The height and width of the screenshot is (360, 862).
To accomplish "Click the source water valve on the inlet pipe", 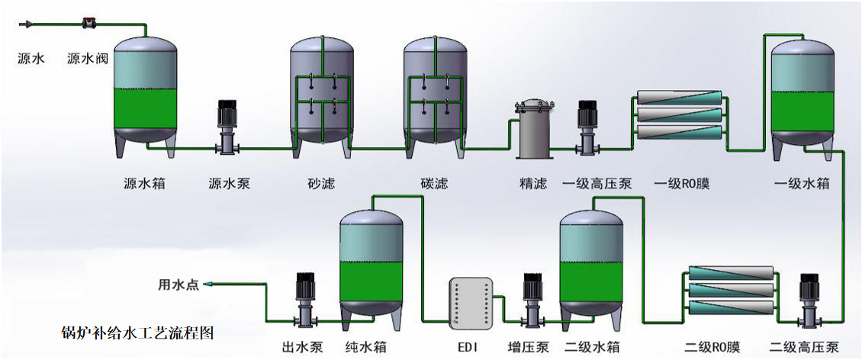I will pyautogui.click(x=88, y=24).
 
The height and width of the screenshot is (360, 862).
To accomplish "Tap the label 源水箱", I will pyautogui.click(x=145, y=184).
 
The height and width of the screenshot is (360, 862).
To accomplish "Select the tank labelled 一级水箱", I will pyautogui.click(x=802, y=99).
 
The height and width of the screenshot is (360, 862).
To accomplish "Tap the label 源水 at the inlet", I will pyautogui.click(x=30, y=58).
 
